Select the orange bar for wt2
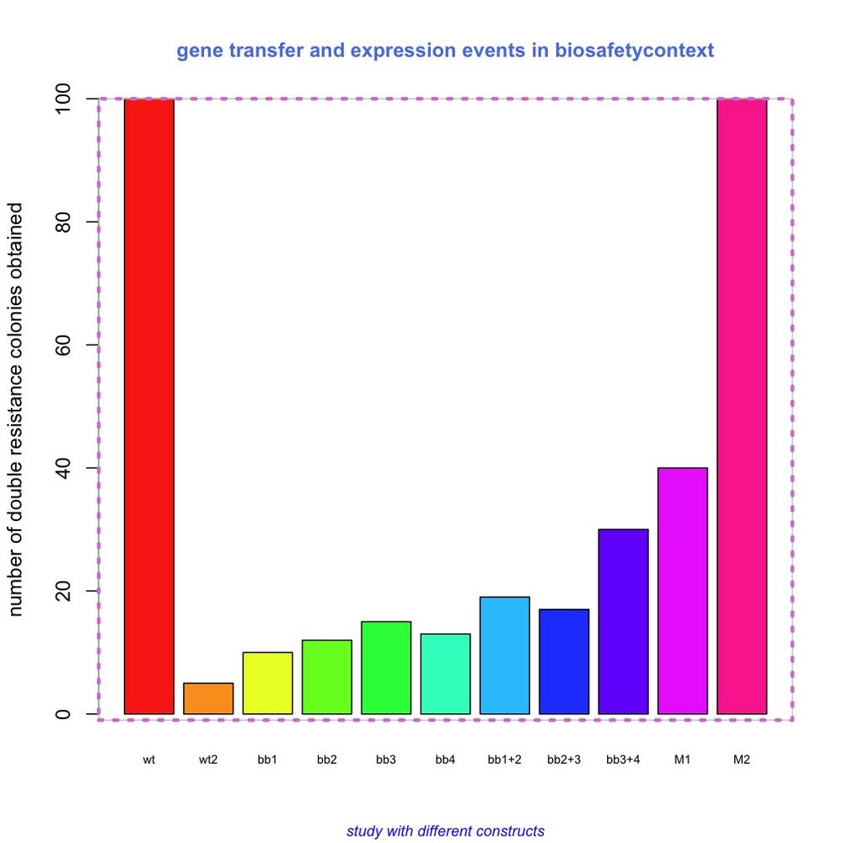coord(208,699)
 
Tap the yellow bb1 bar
coord(267,684)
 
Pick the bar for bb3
coord(386,668)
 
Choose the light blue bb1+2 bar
coord(505,656)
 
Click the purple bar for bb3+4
coord(623,622)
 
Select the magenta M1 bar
coord(683,591)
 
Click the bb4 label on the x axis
coord(445,760)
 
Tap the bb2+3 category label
coord(564,760)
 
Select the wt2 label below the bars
coord(208,760)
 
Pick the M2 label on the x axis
coord(742,760)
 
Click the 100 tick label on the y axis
coord(64,99)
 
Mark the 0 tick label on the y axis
coord(64,714)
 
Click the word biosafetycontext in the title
coord(634,51)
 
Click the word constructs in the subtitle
coord(510,831)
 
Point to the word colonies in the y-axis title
coord(17,337)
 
